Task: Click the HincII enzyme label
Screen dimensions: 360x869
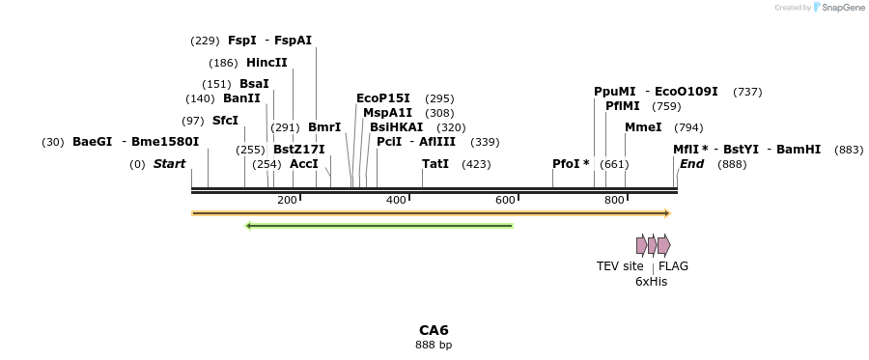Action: [x=266, y=63]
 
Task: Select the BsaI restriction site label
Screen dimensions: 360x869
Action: [x=254, y=84]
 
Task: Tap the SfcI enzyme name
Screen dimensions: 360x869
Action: [x=225, y=121]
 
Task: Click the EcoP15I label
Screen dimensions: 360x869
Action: [x=383, y=98]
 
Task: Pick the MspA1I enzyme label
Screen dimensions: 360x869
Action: [x=387, y=113]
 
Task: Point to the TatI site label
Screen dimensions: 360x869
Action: [x=435, y=164]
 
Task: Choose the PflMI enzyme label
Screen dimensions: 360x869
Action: [x=623, y=106]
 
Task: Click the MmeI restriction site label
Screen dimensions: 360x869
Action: [x=643, y=127]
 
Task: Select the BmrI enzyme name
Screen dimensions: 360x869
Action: [x=324, y=127]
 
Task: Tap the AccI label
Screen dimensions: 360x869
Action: [x=304, y=164]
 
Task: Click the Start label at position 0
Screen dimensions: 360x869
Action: [x=169, y=164]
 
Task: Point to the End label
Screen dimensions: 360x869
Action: [x=692, y=164]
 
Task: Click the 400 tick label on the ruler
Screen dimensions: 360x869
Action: [x=396, y=200]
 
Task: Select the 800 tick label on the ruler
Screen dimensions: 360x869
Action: [x=614, y=200]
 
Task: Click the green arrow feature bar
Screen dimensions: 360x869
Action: [x=379, y=226]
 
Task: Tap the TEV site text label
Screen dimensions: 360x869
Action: [x=620, y=266]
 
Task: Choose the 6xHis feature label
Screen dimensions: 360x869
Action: [x=651, y=282]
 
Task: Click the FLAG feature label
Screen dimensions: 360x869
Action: [x=673, y=266]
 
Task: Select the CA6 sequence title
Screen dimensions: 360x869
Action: [x=434, y=330]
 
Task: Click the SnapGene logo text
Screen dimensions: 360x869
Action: [x=837, y=8]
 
